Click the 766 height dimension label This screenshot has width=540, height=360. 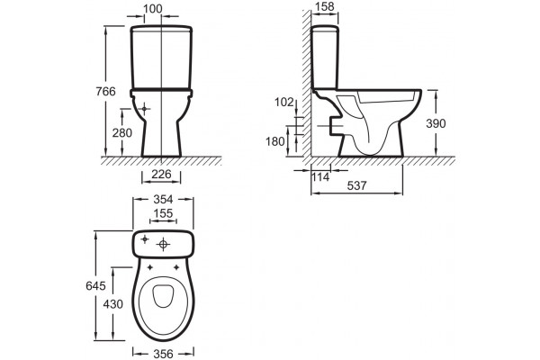pos(105,92)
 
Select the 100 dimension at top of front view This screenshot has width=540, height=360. pos(153,9)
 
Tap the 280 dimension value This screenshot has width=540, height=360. pos(122,132)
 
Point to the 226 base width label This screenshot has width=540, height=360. pos(161,175)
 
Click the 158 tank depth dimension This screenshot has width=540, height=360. pos(324,6)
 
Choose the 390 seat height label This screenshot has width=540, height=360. pos(436,123)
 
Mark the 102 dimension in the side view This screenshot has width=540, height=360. pos(284,102)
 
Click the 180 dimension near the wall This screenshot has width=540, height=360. pos(275,141)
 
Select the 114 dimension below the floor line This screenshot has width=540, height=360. pos(320,177)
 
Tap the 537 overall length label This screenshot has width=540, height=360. pos(356,185)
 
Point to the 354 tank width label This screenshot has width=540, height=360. pos(163,199)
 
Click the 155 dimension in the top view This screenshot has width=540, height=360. pos(163,213)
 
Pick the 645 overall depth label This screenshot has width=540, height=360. pos(95,285)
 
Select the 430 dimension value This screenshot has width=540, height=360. pos(113,304)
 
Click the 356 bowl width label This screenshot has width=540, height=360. pos(163,354)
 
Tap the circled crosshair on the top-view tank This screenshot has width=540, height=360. pos(163,244)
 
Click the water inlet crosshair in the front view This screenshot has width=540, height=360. pos(144,109)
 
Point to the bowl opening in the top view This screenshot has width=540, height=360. pos(163,296)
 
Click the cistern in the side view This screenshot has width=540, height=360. pos(325,58)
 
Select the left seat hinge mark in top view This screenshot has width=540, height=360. pos(150,267)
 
